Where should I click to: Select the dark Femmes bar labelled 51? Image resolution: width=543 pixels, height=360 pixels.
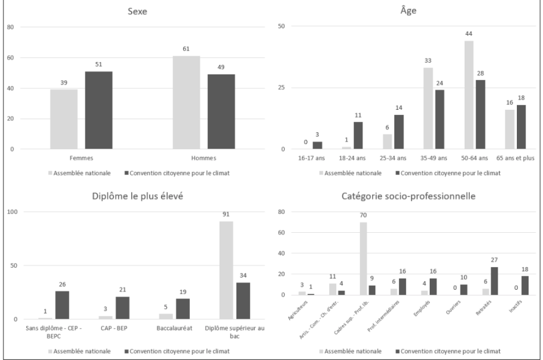pyautogui.click(x=103, y=110)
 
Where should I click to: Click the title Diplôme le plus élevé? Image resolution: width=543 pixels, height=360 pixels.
pyautogui.click(x=137, y=197)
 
